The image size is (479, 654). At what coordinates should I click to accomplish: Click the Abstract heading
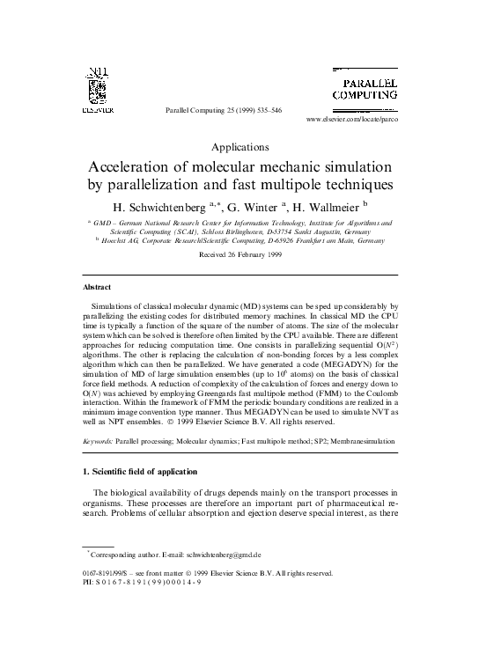(96, 287)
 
